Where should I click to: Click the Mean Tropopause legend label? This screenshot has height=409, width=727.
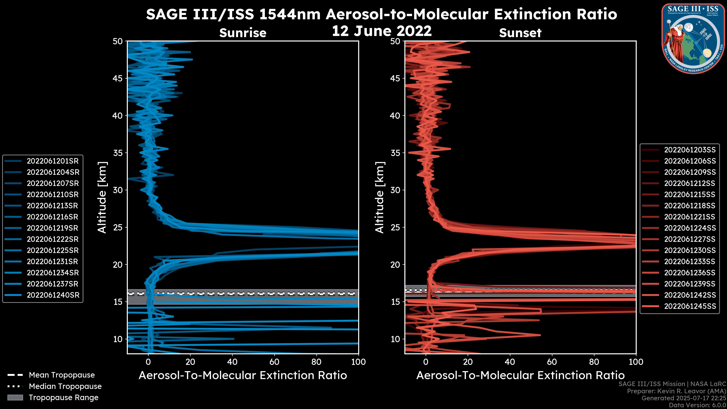[62, 375]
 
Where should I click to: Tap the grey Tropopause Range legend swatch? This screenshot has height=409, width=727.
[15, 398]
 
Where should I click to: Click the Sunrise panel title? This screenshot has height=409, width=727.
[243, 33]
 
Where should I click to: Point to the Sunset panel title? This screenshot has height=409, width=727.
[520, 33]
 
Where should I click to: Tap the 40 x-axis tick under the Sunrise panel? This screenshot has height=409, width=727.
[232, 362]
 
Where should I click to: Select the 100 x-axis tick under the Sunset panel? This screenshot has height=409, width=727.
[636, 362]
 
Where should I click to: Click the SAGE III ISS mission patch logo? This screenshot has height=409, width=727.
[693, 38]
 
